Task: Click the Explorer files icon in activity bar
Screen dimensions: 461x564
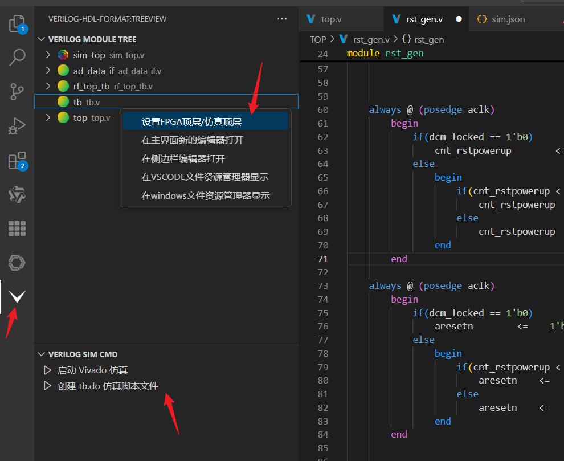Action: [17, 24]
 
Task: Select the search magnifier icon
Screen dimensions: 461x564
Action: [17, 57]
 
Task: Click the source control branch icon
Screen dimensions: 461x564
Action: [17, 91]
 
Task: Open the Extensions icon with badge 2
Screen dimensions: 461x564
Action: [17, 161]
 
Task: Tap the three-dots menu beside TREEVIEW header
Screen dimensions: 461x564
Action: [282, 19]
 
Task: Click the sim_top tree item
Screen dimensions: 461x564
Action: [89, 55]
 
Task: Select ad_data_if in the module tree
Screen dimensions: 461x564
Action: [94, 71]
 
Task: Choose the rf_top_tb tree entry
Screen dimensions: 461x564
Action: [91, 87]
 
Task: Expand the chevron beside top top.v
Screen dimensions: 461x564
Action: [48, 118]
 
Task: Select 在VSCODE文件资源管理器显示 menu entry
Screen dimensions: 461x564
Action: [205, 177]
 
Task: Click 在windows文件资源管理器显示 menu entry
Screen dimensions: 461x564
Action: [206, 196]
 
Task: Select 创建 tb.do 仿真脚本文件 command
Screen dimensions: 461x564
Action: [108, 386]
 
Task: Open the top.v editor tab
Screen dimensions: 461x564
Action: [331, 19]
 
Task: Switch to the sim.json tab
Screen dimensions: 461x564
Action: [508, 19]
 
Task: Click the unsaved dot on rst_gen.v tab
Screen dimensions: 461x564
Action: [459, 19]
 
